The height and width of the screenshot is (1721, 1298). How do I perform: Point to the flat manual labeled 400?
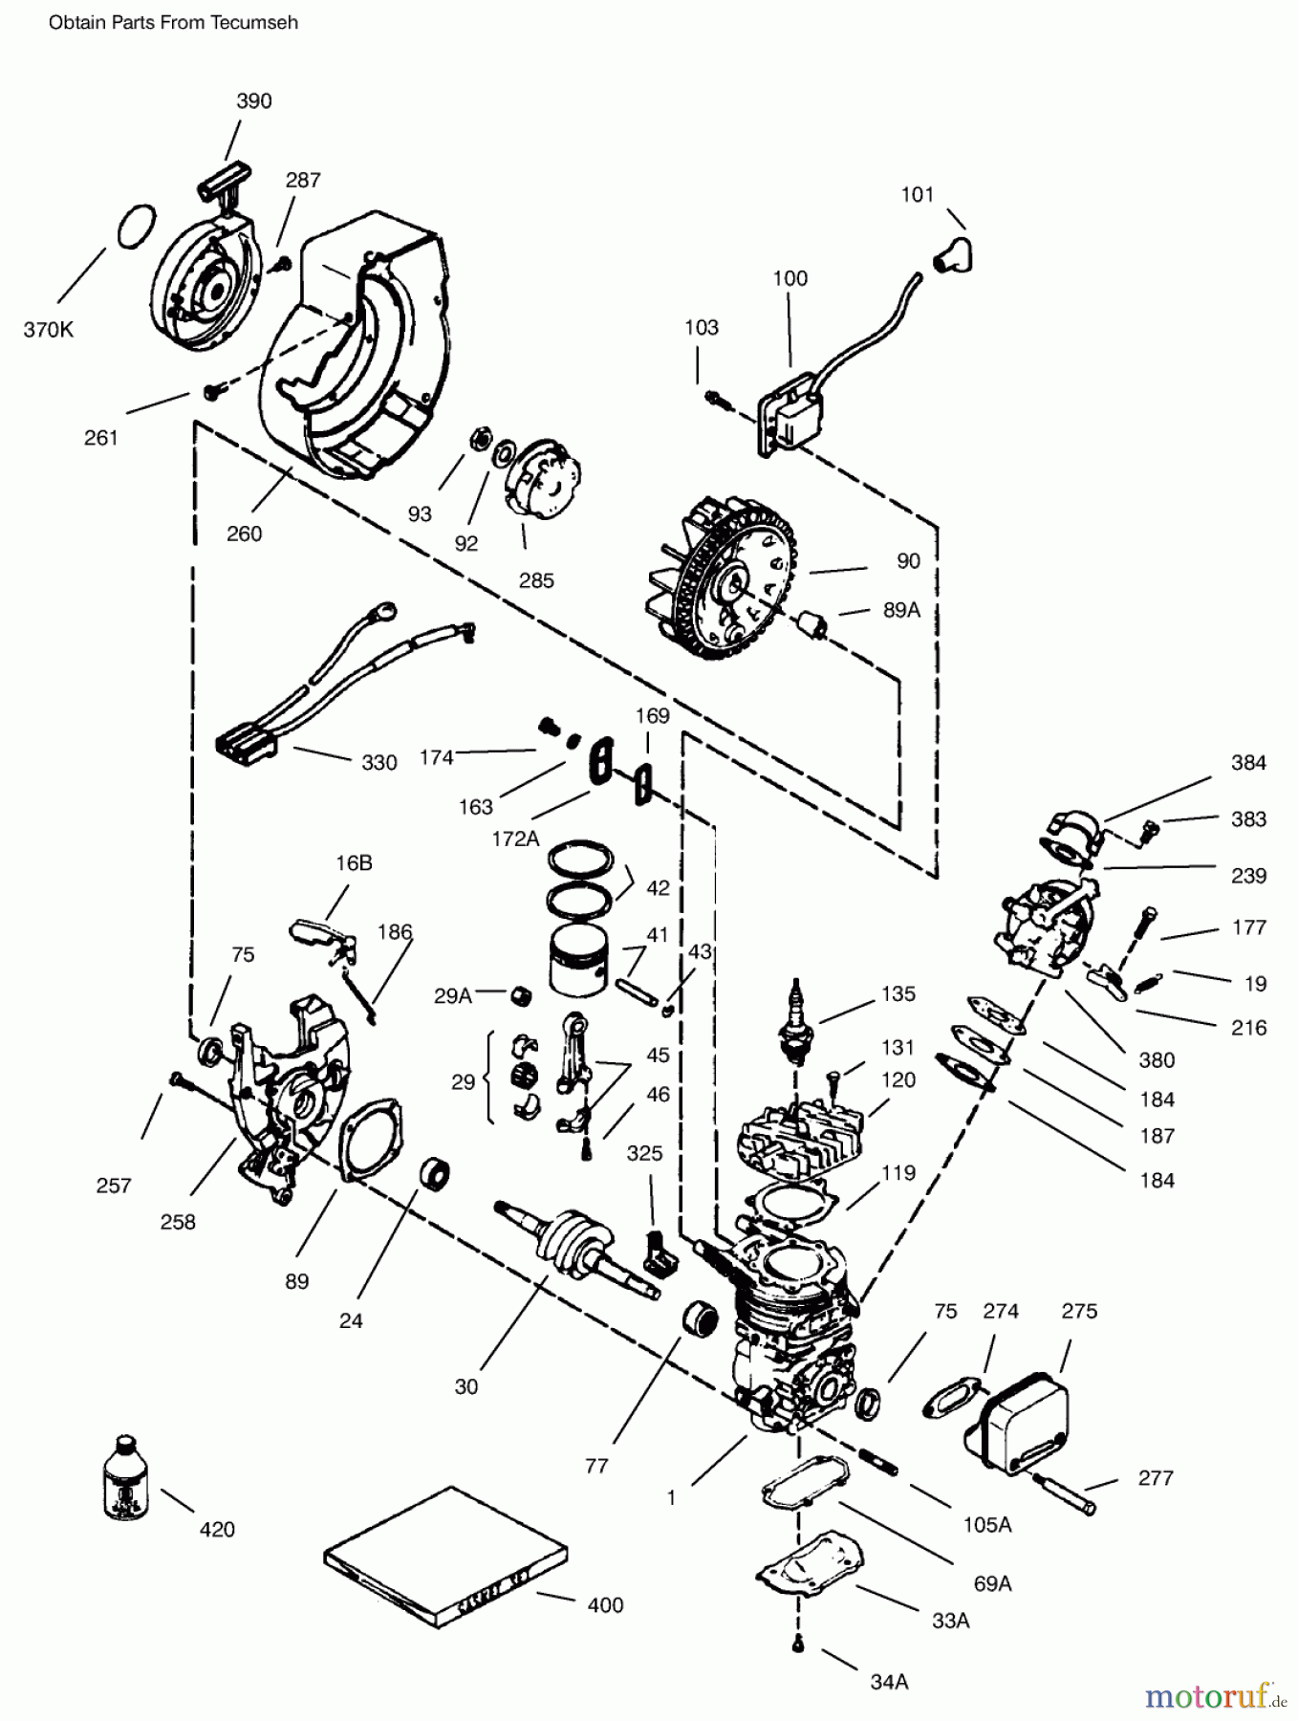pyautogui.click(x=445, y=1554)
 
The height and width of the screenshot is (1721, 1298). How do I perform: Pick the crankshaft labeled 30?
pyautogui.click(x=573, y=1248)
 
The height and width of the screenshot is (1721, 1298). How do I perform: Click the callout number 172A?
pyautogui.click(x=515, y=839)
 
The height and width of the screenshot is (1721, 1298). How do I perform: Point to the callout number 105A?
pyautogui.click(x=986, y=1524)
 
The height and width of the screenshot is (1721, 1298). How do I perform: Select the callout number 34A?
pyautogui.click(x=888, y=1681)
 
